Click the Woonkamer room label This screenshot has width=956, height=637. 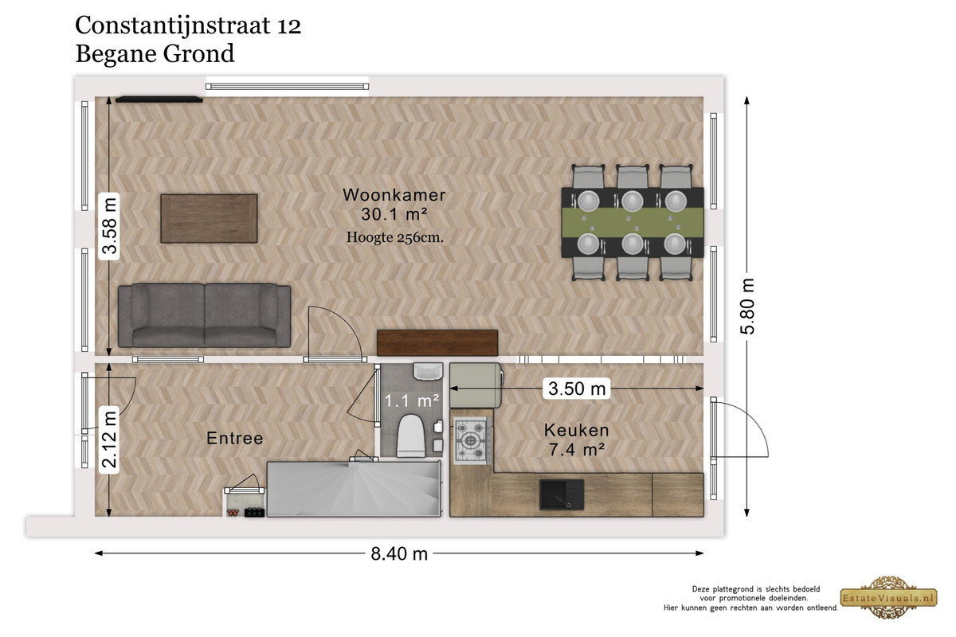(x=394, y=195)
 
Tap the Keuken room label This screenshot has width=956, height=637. (x=576, y=430)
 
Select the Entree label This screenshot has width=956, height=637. (x=235, y=438)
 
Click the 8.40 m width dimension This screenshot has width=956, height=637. (x=399, y=554)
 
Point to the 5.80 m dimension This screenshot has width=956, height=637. (x=747, y=306)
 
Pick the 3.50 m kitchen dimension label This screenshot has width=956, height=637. (x=577, y=389)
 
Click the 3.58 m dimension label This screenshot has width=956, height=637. (x=109, y=226)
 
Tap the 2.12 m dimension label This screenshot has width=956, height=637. (x=109, y=440)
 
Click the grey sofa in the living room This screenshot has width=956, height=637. (x=205, y=315)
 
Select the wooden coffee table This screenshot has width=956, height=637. (x=209, y=218)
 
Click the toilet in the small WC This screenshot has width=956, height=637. (x=410, y=436)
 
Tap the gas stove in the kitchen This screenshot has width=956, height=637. (x=471, y=440)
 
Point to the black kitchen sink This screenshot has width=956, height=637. (x=561, y=494)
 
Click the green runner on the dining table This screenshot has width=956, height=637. (x=633, y=222)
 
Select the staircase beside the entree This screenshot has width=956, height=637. (x=354, y=489)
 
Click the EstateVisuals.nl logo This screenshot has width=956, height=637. (x=889, y=598)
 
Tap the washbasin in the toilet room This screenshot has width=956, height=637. (x=428, y=372)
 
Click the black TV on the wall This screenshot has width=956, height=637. (x=159, y=100)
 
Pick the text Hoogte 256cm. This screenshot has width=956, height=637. (x=395, y=237)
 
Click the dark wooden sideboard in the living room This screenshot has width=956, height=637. (x=437, y=342)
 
